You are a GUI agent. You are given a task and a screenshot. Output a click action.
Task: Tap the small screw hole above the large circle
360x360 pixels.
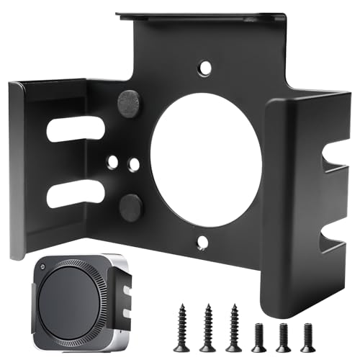pyautogui.click(x=206, y=68)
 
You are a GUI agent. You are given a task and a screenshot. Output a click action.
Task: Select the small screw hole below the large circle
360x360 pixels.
pyautogui.click(x=202, y=242)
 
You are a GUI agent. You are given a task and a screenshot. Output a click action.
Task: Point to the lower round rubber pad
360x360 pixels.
pyautogui.click(x=130, y=207)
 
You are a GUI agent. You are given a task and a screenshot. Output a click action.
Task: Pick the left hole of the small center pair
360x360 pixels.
pyautogui.click(x=112, y=163)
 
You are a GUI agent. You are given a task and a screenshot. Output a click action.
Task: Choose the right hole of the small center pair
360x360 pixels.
pyautogui.click(x=134, y=164)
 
